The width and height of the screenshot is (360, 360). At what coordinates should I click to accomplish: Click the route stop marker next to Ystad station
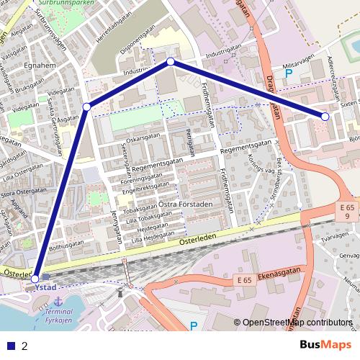click(x=35, y=278)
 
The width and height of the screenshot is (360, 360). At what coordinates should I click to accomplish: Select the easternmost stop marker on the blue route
click(x=325, y=116)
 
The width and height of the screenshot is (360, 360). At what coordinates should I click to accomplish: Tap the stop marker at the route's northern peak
click(x=171, y=62)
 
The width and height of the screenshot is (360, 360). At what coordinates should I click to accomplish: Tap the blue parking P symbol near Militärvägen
click(x=289, y=73)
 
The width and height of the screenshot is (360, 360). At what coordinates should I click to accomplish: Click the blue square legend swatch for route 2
click(x=11, y=346)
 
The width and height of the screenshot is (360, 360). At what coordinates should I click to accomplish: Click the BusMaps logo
click(x=325, y=345)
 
